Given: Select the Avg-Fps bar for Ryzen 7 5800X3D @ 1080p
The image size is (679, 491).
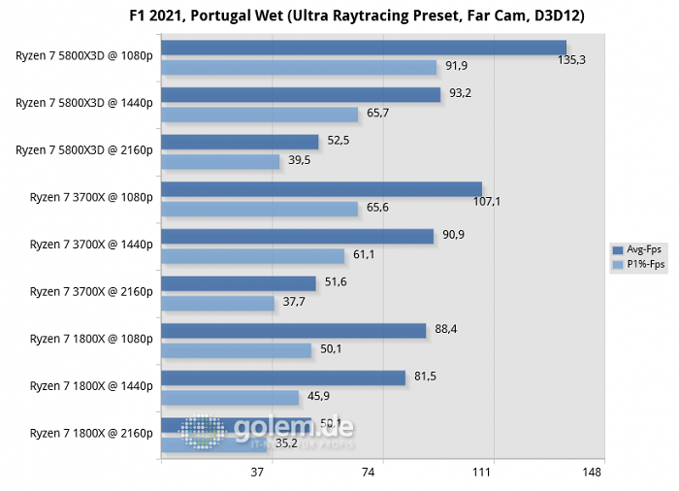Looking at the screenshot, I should tap(363, 48).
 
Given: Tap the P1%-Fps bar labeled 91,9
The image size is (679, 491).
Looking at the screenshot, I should tap(299, 67).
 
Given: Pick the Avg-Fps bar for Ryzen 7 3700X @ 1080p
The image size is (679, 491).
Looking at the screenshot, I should tap(321, 189).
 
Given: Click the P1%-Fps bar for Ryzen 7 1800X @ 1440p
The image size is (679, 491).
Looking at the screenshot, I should tap(230, 397).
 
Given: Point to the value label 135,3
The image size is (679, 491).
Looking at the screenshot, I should tap(585, 59).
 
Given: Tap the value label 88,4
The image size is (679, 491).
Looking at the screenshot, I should tap(446, 330).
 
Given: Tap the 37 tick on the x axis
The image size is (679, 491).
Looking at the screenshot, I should tap(257, 473).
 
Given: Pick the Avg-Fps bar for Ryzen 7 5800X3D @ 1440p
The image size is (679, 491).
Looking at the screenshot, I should tap(301, 94).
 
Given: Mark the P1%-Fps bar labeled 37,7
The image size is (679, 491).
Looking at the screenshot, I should tap(217, 303).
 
